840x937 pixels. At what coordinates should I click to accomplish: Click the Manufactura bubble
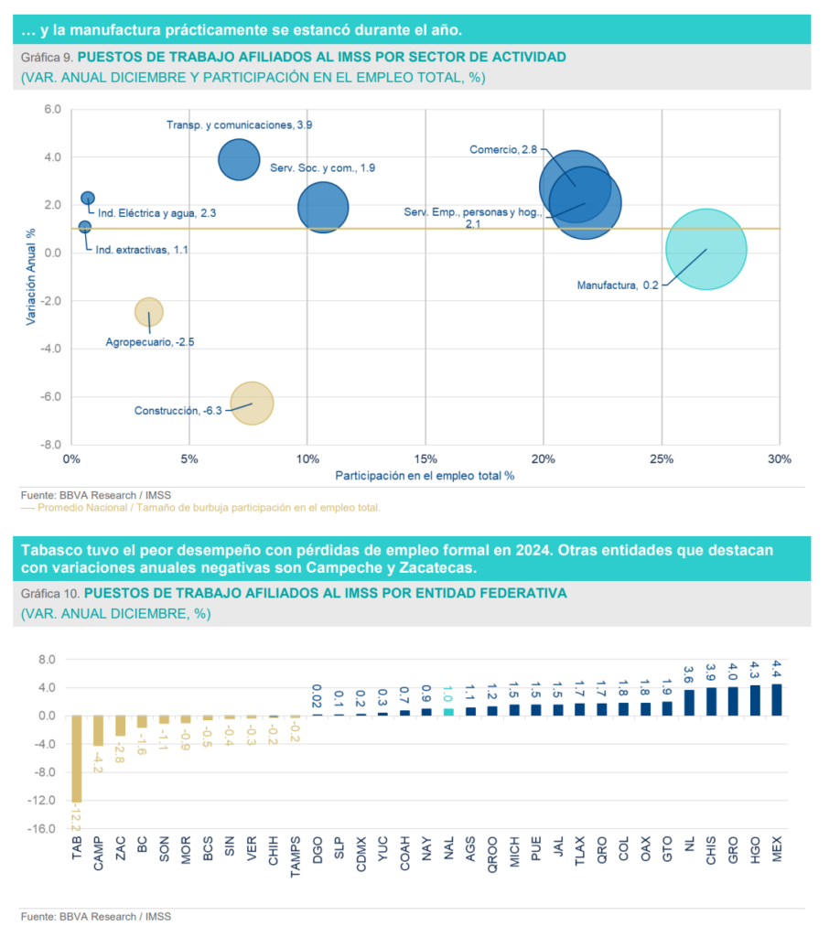tap(706, 249)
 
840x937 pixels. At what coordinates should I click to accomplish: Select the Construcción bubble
tap(253, 404)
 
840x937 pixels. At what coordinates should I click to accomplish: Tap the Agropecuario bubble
tap(149, 312)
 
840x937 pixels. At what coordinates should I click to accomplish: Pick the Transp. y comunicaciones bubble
tap(239, 159)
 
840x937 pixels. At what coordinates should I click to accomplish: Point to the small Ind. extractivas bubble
tap(85, 227)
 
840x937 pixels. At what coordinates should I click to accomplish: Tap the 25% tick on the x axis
tap(662, 458)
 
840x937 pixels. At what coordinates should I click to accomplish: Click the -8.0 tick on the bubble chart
tap(49, 445)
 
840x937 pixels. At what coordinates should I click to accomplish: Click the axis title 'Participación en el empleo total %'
tap(425, 476)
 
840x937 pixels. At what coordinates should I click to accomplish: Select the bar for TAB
tap(76, 758)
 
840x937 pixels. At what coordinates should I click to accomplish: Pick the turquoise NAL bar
tap(448, 712)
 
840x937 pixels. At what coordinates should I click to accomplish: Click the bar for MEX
tap(777, 699)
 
